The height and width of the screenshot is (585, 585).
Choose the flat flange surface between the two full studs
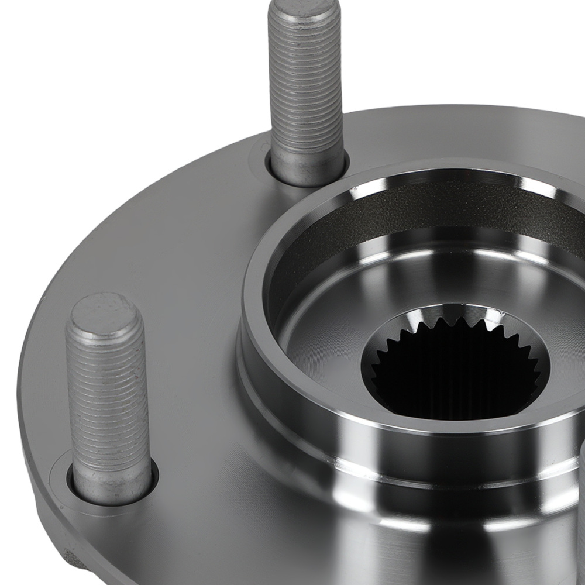(175, 246)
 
